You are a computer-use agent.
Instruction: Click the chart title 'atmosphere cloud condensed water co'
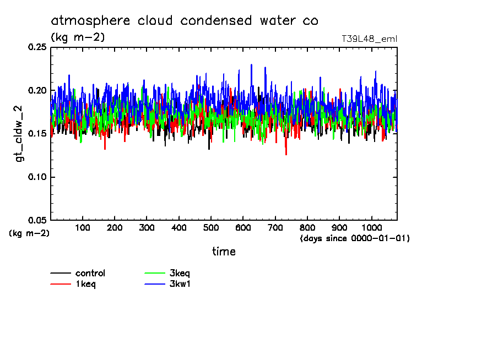[x=185, y=21]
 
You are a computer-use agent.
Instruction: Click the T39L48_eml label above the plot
[x=369, y=39]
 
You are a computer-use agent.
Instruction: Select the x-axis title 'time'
[x=224, y=252]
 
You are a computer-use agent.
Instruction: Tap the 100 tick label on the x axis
[x=83, y=227]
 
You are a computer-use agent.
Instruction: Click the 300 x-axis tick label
[x=147, y=227]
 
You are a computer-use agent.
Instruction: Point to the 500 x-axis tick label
[x=210, y=227]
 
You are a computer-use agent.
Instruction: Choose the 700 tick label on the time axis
[x=275, y=227]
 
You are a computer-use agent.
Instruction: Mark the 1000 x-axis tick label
[x=371, y=227]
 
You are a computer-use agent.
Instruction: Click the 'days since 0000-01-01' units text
[x=355, y=238]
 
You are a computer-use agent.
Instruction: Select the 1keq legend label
[x=86, y=284]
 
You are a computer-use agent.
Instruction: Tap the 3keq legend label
[x=180, y=273]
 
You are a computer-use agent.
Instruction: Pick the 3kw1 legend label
[x=180, y=284]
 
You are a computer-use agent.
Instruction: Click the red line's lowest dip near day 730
[x=286, y=154]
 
